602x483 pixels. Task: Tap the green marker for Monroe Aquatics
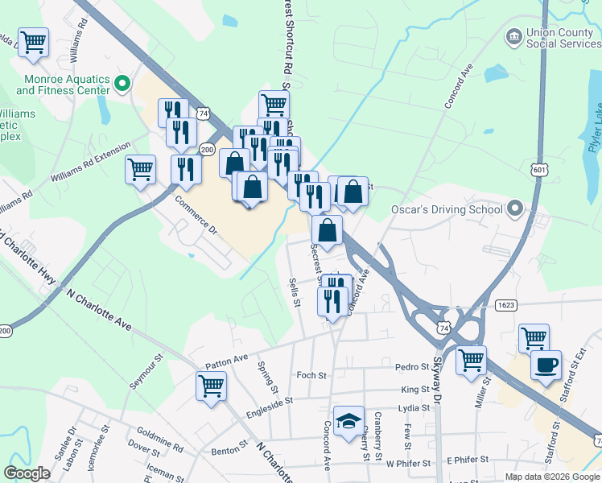123,82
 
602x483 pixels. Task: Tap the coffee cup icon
546,364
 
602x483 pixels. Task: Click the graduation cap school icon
348,421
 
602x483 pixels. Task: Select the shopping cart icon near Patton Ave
211,386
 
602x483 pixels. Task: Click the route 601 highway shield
539,170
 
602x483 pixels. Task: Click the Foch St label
311,375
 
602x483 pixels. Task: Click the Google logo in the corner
27,473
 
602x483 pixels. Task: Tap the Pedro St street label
414,367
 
